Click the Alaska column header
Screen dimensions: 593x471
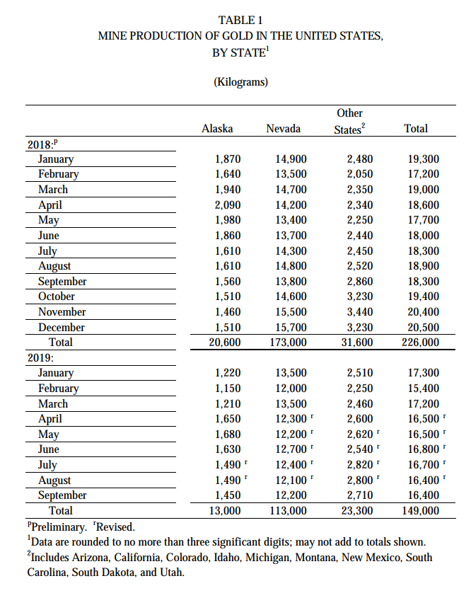[217, 128]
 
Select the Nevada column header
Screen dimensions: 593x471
[283, 128]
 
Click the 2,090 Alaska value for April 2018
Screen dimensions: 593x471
[227, 205]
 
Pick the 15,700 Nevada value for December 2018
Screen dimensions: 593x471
[291, 327]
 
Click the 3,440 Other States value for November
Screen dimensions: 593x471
[359, 312]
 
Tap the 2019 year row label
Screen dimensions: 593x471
[40, 357]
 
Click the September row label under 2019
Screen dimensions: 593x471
[62, 495]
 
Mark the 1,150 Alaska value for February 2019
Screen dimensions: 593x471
[227, 388]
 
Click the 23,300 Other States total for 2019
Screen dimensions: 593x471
[356, 511]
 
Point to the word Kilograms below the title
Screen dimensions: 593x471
[240, 82]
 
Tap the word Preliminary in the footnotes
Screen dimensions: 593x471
[47, 526]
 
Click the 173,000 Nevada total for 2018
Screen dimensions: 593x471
[288, 342]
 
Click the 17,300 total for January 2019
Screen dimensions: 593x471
[424, 373]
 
